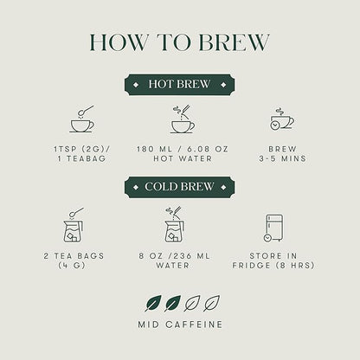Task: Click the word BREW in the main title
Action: (234, 42)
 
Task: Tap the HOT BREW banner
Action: (179, 85)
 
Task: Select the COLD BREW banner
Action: (179, 187)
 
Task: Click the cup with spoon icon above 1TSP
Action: (82, 119)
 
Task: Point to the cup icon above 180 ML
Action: (183, 119)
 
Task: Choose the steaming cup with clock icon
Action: (282, 119)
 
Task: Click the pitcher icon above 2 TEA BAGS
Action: (74, 225)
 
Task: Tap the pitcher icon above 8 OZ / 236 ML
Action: (175, 225)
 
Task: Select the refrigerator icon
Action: (273, 228)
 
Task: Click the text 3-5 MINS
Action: (282, 158)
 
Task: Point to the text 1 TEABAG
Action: (82, 158)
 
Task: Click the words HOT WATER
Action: (183, 158)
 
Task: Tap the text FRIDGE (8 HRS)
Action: (273, 266)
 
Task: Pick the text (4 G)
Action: (72, 266)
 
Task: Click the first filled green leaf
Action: (153, 303)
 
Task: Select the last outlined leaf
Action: (211, 303)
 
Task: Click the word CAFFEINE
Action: (194, 325)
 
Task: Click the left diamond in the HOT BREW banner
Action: (136, 85)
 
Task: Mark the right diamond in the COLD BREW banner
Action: (223, 187)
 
